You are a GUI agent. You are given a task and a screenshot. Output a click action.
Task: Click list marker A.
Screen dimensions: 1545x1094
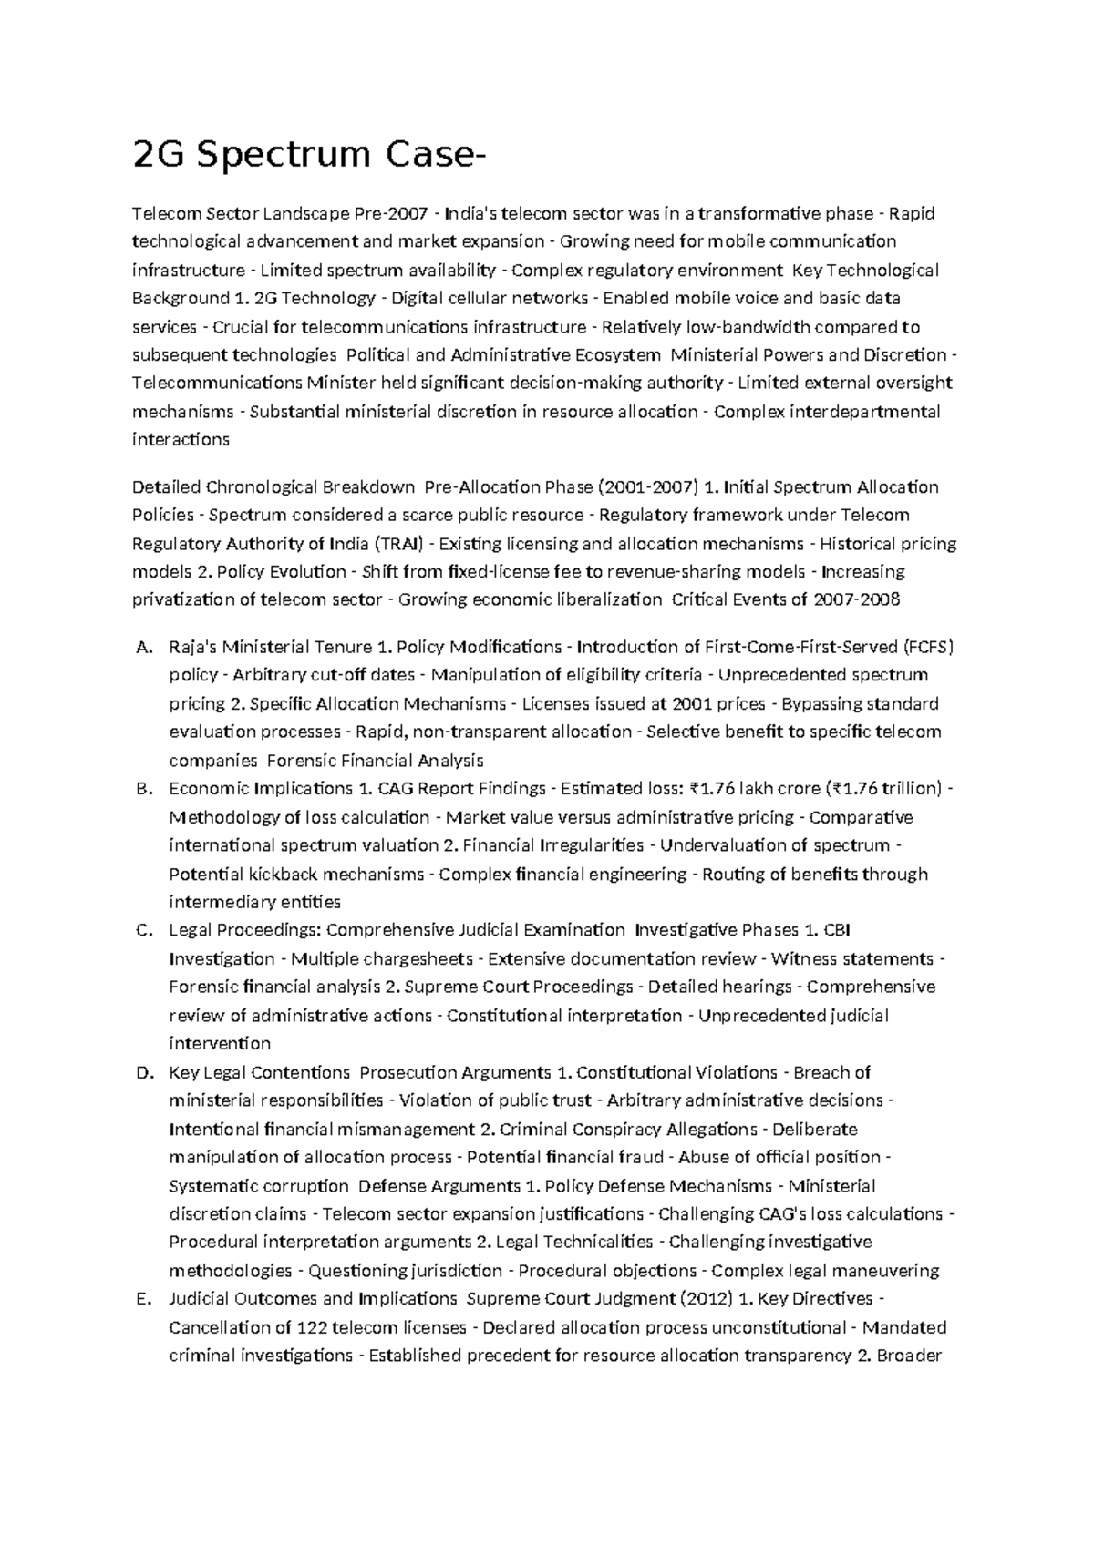141,648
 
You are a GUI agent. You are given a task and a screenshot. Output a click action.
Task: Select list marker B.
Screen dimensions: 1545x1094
141,789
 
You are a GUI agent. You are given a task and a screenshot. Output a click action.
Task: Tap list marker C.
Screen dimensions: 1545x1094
141,930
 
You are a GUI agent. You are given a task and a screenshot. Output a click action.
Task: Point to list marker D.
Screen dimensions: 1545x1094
141,1073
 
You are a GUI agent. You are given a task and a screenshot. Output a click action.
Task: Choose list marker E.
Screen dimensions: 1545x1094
141,1299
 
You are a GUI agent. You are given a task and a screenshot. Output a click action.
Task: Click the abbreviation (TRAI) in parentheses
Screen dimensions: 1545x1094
398,544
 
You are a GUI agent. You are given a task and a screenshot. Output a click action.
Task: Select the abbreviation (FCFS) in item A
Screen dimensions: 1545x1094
927,648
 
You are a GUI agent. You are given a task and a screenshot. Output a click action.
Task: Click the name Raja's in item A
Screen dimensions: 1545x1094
193,648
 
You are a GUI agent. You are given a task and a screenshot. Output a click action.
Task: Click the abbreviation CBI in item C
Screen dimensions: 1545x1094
837,930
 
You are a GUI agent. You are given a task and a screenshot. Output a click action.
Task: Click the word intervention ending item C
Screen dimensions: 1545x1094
220,1044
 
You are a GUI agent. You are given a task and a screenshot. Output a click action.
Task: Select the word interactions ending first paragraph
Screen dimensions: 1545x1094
181,440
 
